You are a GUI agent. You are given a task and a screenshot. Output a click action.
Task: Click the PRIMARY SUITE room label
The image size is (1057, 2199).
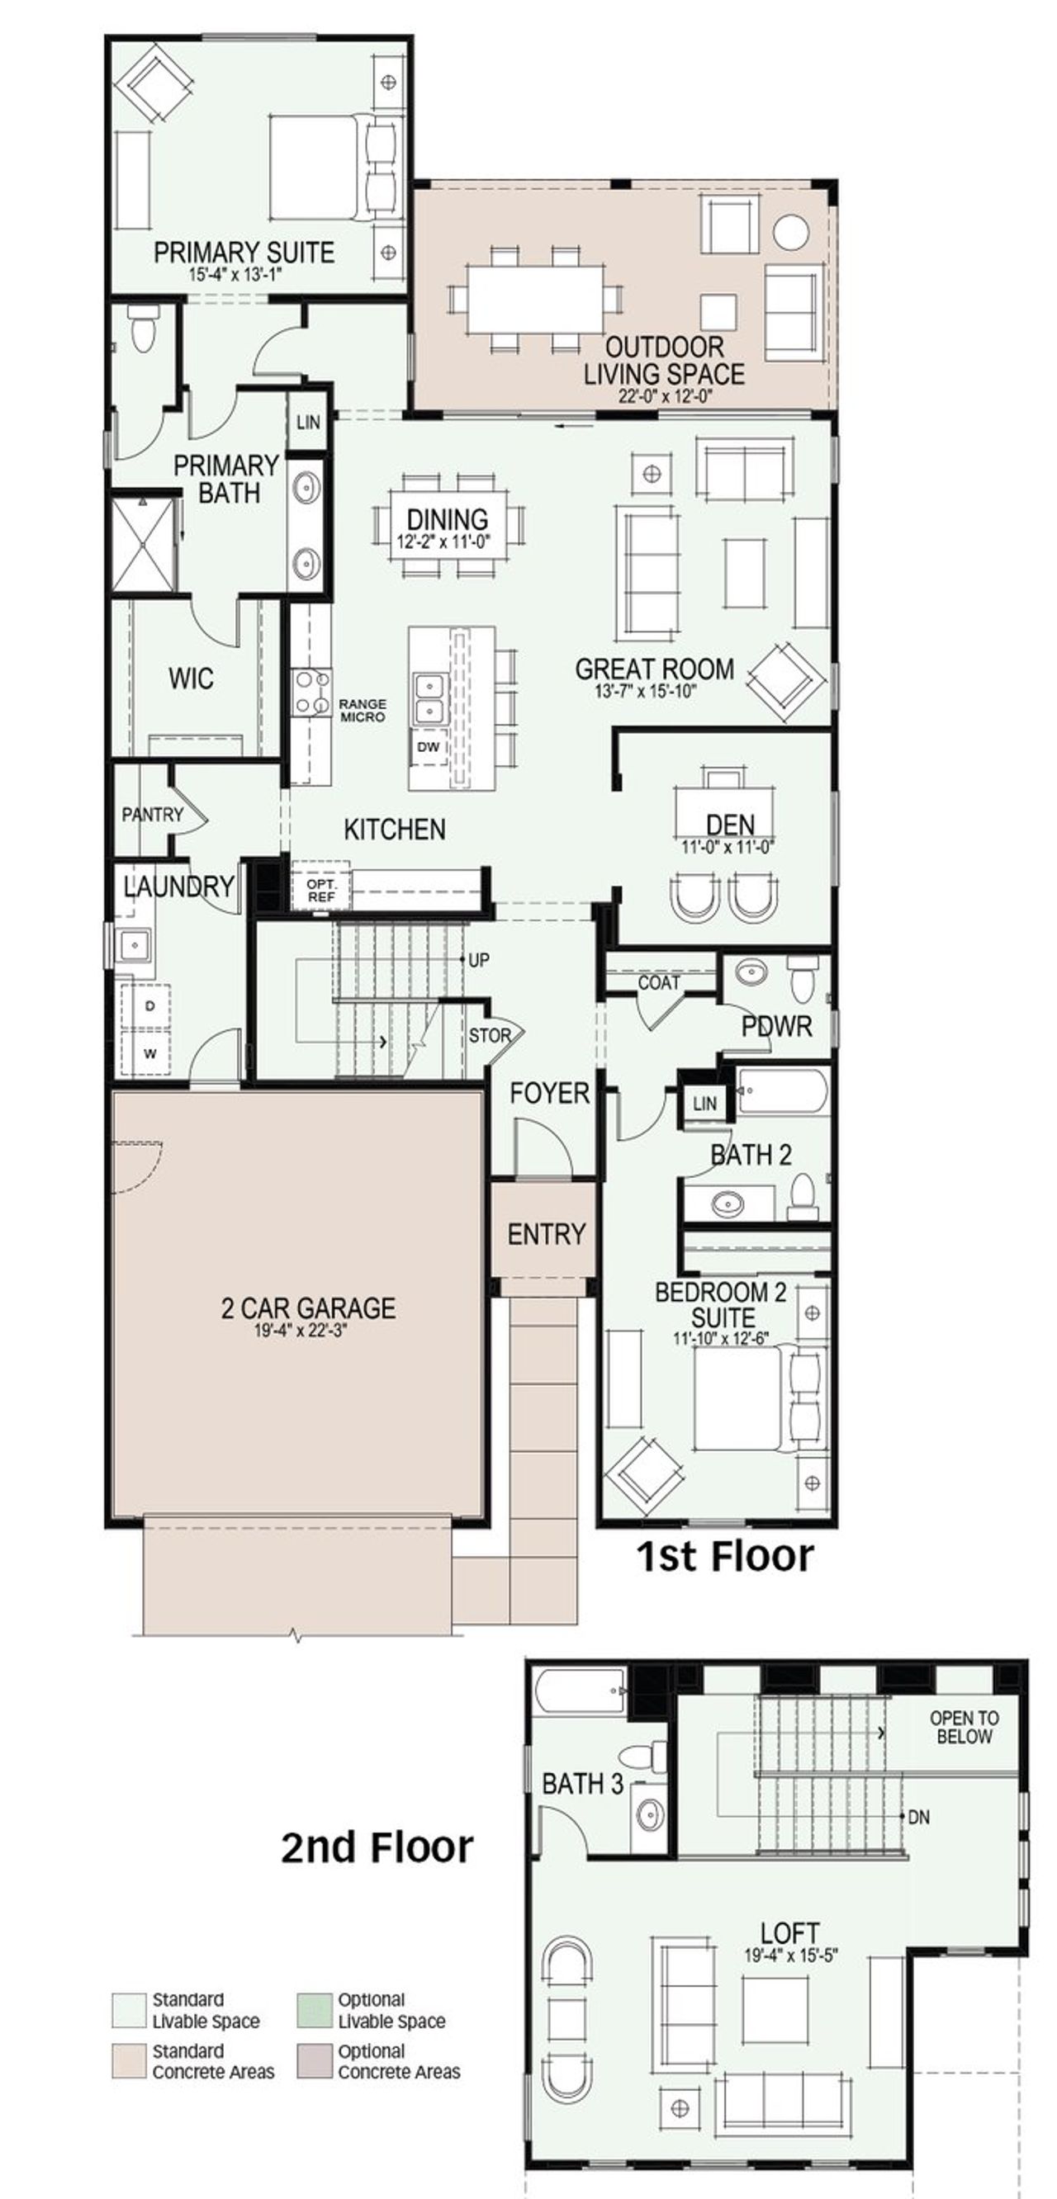pos(244,253)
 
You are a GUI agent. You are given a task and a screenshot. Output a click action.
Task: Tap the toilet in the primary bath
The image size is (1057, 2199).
pos(143,329)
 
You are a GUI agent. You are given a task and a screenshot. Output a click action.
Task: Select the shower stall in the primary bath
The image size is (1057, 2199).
pos(143,545)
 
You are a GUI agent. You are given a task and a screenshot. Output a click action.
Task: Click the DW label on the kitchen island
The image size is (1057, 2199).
pos(428,747)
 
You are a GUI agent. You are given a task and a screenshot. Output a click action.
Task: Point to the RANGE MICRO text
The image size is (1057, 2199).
pos(362,710)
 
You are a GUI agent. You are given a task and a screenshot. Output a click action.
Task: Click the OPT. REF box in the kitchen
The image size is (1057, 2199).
pos(321,891)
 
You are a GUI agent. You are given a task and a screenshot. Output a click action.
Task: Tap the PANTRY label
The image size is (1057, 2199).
pos(152,815)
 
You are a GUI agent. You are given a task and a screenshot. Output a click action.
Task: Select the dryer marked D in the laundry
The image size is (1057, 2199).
pos(149,1005)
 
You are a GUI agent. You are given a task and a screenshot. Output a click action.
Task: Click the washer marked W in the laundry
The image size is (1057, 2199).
pos(149,1053)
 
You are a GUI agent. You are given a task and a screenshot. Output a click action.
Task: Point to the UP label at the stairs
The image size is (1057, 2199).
pos(478,959)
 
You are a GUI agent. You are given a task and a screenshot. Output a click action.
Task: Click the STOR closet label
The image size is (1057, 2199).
pos(489,1035)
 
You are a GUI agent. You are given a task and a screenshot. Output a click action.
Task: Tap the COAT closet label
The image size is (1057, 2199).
pos(658,982)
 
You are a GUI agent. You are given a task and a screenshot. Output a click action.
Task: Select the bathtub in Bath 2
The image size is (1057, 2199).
pos(781,1090)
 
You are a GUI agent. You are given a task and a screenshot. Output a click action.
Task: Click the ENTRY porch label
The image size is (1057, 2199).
pos(546,1233)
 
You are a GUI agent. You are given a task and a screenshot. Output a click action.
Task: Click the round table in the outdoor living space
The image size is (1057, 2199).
pos(790,231)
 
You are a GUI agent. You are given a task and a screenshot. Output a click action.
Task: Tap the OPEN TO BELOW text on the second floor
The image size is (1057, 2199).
pos(963,1727)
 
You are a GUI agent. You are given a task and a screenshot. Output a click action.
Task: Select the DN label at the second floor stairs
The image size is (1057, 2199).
pos(919,1818)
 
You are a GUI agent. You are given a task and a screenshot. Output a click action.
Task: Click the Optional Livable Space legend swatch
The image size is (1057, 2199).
pos(313,2010)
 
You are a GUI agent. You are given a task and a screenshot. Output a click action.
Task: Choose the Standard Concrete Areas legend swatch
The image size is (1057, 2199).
pos(128,2060)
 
